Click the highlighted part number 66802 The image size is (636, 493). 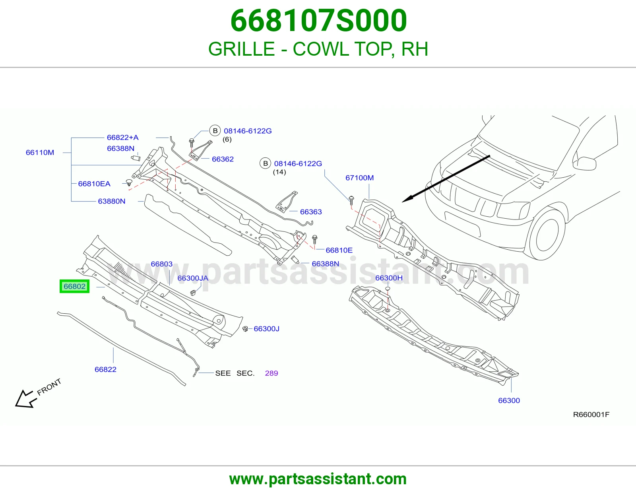(75, 286)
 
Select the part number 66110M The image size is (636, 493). (40, 153)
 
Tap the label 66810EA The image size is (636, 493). (94, 184)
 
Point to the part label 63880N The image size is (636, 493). (112, 202)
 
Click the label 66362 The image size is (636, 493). (223, 159)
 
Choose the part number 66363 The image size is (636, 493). (311, 212)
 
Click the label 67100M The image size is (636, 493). (359, 178)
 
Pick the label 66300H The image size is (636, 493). (389, 278)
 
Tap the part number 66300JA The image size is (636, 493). (193, 278)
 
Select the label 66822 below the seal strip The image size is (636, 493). (105, 369)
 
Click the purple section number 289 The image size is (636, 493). (271, 373)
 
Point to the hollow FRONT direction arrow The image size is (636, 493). (25, 399)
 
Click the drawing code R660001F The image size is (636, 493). (591, 415)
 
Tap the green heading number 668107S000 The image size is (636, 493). (318, 21)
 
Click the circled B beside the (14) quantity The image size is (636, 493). (266, 163)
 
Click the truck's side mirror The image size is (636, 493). (586, 163)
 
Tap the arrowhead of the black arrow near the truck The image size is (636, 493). (408, 198)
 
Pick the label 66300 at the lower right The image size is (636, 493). (509, 400)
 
